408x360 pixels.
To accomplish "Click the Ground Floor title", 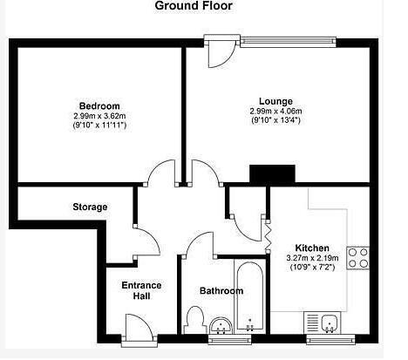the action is [x=194, y=6].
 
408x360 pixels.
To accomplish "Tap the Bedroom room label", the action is [x=99, y=105].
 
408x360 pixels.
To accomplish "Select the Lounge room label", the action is [x=275, y=101].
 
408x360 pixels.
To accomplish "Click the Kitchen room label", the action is [x=312, y=248].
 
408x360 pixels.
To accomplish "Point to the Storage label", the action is [x=90, y=207].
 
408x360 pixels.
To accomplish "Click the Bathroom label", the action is [x=221, y=290].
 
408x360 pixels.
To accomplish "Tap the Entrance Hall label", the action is [x=141, y=290].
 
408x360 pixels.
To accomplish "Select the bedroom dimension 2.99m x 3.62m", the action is [x=99, y=116].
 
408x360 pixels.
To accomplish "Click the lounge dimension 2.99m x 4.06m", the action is [x=275, y=111].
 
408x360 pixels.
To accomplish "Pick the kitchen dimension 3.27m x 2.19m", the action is [x=312, y=258].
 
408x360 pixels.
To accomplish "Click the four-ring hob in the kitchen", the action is [x=357, y=258].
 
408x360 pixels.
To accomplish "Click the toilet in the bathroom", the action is [x=194, y=320].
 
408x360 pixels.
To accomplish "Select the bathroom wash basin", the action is [x=221, y=325].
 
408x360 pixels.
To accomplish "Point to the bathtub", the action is [x=250, y=296].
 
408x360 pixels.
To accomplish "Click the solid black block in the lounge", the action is [x=272, y=174].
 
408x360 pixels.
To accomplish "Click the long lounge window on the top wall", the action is [x=289, y=42].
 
